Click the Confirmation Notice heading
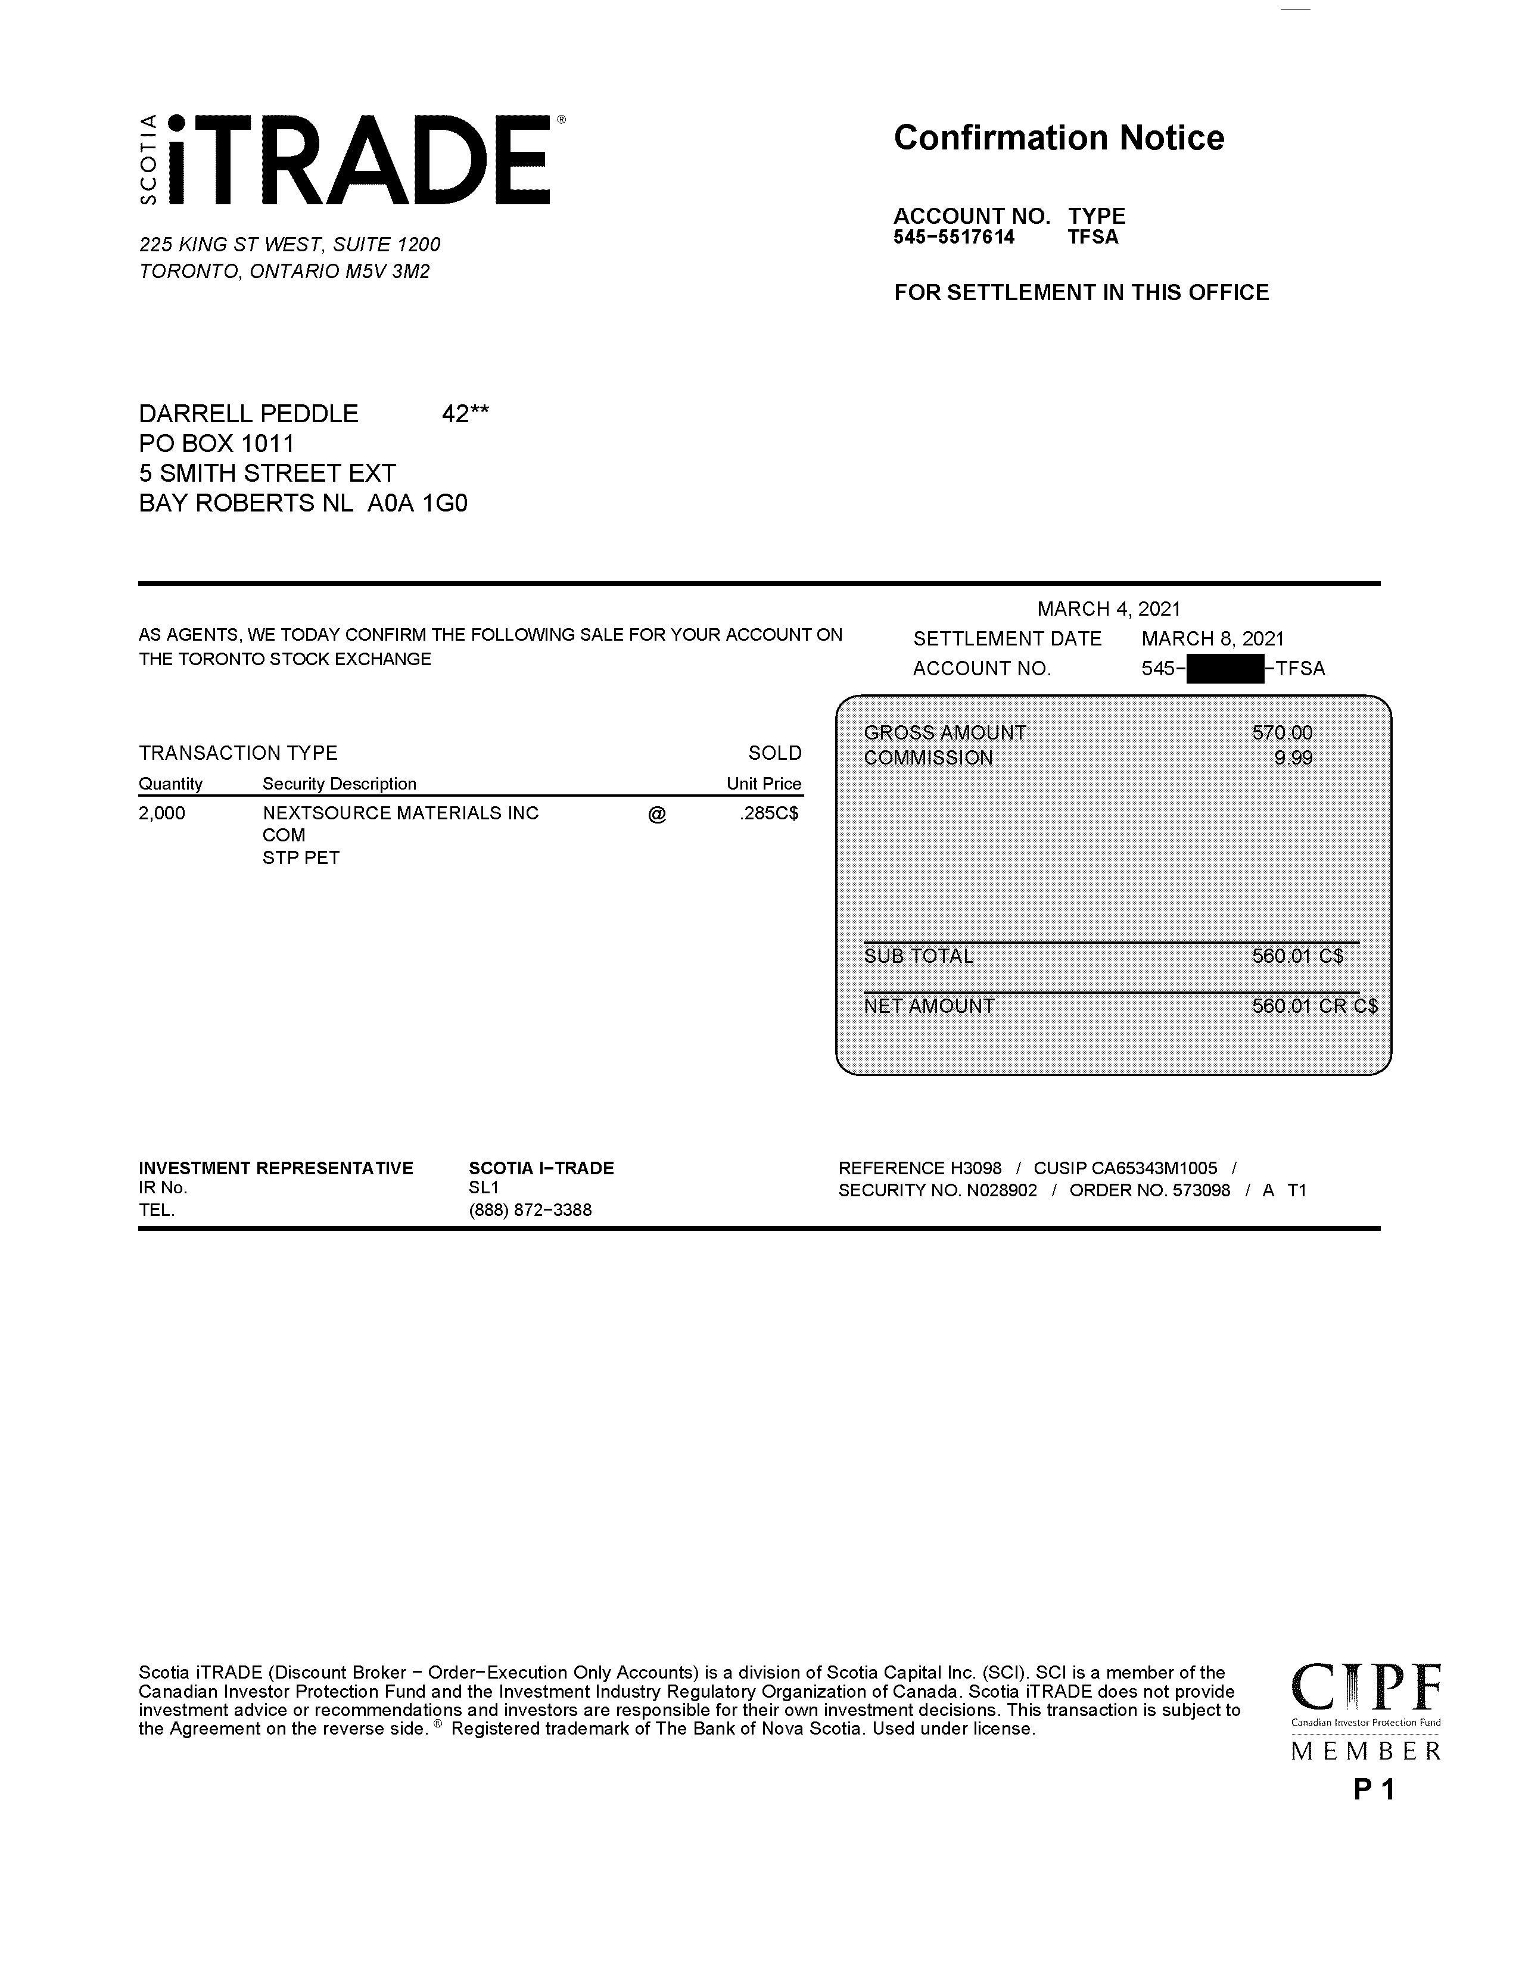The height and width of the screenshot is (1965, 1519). click(x=1059, y=138)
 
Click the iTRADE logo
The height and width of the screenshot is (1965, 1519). click(x=351, y=160)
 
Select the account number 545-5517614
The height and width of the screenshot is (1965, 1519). click(x=954, y=238)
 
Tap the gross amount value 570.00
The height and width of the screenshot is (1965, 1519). click(x=1281, y=732)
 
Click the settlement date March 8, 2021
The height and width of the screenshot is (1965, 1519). click(x=1212, y=639)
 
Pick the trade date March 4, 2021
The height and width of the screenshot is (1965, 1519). click(x=1109, y=609)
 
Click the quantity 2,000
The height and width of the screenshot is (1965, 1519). click(x=162, y=813)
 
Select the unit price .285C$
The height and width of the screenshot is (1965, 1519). click(x=768, y=813)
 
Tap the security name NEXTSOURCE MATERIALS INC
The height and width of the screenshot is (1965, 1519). click(x=400, y=813)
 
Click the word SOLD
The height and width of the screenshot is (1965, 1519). click(x=774, y=753)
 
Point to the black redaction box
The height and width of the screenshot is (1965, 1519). click(x=1225, y=669)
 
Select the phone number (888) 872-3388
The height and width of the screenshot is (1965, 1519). click(x=530, y=1210)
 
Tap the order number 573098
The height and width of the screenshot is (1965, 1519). click(x=1201, y=1190)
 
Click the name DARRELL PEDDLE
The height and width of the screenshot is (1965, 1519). click(x=248, y=414)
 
